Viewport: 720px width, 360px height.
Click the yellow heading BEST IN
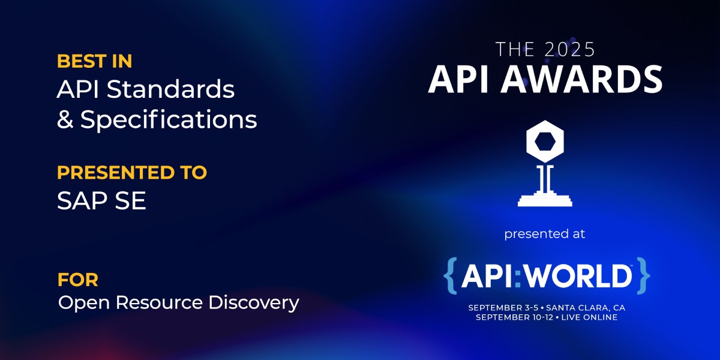[x=95, y=61]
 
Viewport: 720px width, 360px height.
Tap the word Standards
[x=170, y=89]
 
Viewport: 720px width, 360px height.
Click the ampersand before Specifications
[x=65, y=119]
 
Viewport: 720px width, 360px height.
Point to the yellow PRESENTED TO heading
[x=132, y=172]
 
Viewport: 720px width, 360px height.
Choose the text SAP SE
[x=101, y=200]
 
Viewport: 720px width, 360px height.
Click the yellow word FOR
[x=78, y=280]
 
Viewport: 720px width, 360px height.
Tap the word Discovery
[x=254, y=303]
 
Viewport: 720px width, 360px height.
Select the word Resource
[x=159, y=302]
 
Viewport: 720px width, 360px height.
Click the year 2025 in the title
[x=570, y=49]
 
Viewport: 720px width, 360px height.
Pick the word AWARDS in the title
[x=582, y=79]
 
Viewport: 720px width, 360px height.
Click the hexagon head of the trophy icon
[x=545, y=142]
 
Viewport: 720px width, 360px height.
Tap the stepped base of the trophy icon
[x=545, y=199]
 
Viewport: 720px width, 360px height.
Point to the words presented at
[x=545, y=234]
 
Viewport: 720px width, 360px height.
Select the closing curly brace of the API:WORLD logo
[x=643, y=275]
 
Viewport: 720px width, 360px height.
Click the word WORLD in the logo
[x=578, y=276]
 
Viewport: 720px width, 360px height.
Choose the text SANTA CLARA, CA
[x=586, y=308]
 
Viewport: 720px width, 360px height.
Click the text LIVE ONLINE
[x=590, y=317]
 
